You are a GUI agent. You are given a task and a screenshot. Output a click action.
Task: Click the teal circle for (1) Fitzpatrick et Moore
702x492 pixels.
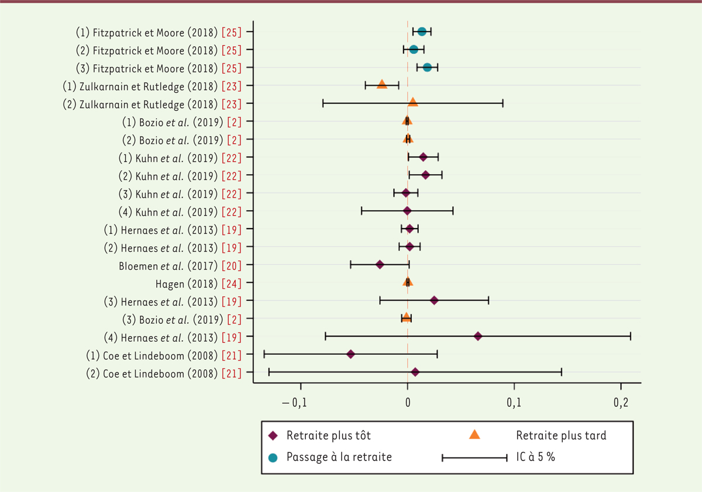422,32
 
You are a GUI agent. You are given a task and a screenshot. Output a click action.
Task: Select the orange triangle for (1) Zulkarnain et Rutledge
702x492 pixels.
382,85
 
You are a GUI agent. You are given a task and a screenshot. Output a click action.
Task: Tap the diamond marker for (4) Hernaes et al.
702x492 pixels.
478,336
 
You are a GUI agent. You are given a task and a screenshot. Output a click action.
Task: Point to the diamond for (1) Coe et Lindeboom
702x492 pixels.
350,354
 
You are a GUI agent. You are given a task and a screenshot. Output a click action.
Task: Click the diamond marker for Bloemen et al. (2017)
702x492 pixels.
380,265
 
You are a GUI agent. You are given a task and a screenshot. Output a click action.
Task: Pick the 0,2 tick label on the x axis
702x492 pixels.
621,403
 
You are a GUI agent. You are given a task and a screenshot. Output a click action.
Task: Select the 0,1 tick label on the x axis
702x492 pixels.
514,403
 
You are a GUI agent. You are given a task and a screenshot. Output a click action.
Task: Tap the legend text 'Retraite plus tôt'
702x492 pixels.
328,435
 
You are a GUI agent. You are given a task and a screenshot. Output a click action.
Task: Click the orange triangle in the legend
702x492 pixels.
474,434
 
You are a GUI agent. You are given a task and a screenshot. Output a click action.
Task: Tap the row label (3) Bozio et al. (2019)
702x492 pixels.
170,318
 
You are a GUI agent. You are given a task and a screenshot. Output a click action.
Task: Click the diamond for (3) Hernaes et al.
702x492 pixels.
434,300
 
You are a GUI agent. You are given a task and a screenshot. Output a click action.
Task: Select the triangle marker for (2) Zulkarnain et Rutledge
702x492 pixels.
413,103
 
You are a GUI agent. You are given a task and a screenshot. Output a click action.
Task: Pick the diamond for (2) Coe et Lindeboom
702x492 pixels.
415,372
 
